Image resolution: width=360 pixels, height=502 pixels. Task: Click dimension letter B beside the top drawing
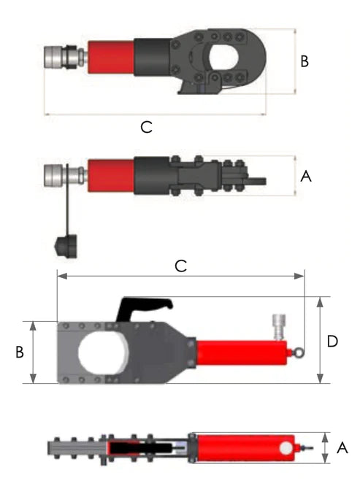coord(305,61)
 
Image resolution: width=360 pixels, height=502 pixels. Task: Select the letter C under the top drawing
coord(146,127)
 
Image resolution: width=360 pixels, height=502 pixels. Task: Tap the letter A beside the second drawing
coord(306,176)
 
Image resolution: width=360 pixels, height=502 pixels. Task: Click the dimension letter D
coord(332,341)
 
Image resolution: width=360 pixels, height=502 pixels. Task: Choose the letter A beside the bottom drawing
coord(342,449)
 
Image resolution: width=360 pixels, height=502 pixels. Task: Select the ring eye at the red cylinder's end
coord(300,353)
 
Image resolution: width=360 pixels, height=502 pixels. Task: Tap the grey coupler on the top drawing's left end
coord(58,57)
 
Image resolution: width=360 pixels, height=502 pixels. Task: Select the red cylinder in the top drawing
coord(110,57)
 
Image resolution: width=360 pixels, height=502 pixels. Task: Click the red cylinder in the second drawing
coord(110,175)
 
